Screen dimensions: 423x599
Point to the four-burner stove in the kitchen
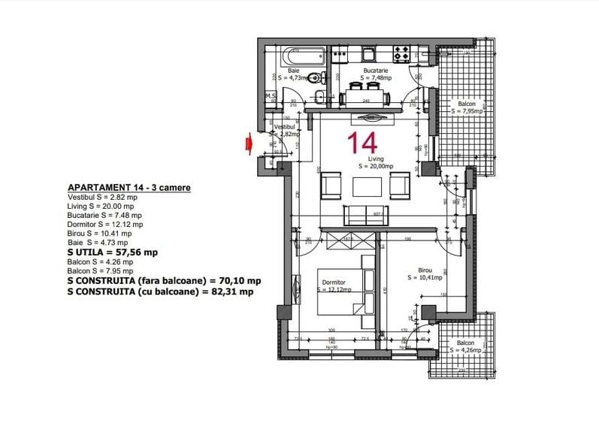(x=402, y=53)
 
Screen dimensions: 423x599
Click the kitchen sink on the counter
(x=370, y=53)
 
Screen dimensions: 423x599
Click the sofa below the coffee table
(x=366, y=215)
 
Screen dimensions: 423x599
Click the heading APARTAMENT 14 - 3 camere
(x=129, y=187)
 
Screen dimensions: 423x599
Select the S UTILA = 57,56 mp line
(x=113, y=253)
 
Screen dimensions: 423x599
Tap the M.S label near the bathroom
(x=271, y=96)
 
